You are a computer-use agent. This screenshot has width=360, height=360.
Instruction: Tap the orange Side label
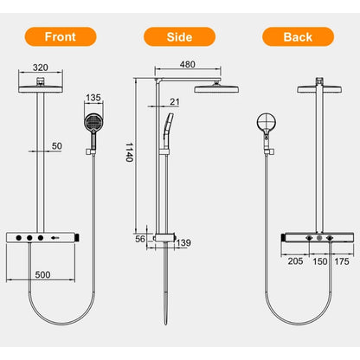point(179,37)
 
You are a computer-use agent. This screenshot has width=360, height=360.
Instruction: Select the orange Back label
point(297,37)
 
